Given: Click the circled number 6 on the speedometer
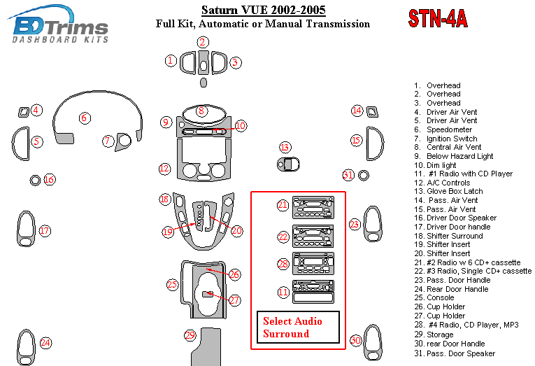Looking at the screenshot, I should pyautogui.click(x=84, y=118).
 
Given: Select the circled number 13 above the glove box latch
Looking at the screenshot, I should pyautogui.click(x=285, y=148).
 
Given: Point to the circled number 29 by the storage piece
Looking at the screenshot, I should pyautogui.click(x=190, y=335).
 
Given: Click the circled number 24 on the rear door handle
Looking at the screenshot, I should pyautogui.click(x=45, y=342).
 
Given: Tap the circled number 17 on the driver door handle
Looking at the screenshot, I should pyautogui.click(x=45, y=230).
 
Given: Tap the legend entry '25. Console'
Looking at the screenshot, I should pyautogui.click(x=441, y=297).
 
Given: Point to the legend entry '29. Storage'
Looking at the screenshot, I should pyautogui.click(x=440, y=335).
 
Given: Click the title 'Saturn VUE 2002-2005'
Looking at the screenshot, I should pyautogui.click(x=263, y=10).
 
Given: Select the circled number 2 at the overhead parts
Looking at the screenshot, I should pyautogui.click(x=202, y=42).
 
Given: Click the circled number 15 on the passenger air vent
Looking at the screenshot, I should pyautogui.click(x=356, y=141).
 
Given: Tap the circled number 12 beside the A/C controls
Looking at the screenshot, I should pyautogui.click(x=164, y=169).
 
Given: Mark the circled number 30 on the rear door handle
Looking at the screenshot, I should pyautogui.click(x=356, y=340).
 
